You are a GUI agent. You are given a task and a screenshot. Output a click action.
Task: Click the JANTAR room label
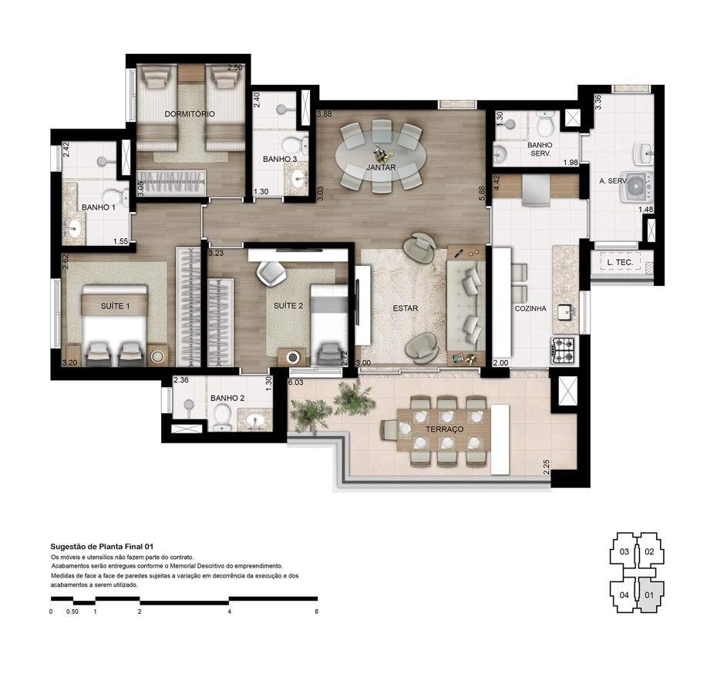click(381, 167)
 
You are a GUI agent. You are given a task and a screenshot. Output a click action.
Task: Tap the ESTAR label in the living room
click(405, 308)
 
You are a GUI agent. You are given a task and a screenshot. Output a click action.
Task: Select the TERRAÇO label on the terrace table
click(445, 428)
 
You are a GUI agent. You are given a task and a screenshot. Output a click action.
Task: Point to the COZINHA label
click(530, 308)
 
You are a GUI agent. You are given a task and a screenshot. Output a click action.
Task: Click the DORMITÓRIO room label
click(190, 114)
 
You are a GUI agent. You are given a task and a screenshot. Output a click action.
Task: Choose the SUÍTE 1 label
click(115, 306)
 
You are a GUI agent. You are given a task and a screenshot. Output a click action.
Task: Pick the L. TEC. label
click(620, 263)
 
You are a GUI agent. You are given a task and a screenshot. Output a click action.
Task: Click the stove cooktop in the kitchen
click(564, 351)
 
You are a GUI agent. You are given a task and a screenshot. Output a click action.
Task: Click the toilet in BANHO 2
click(222, 416)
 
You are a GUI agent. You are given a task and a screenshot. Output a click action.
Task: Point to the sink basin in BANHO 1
click(75, 228)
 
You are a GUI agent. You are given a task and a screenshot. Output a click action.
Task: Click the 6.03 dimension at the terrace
click(295, 382)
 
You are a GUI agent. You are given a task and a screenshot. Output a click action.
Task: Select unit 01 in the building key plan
click(649, 595)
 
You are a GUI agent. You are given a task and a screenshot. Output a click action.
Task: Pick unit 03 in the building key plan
click(624, 551)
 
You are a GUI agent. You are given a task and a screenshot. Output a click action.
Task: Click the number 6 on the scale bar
click(316, 611)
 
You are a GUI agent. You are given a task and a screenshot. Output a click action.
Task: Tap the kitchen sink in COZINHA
click(568, 310)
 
